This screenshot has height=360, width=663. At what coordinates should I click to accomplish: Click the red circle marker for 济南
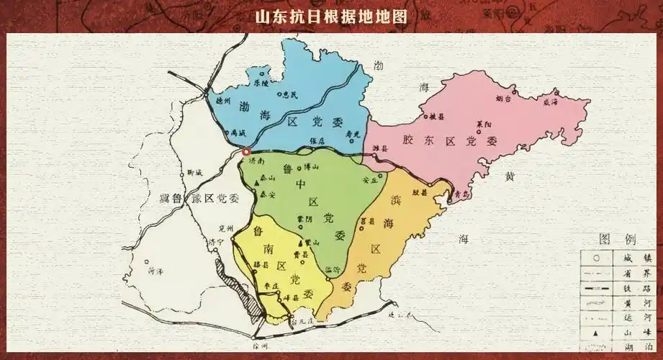(245, 152)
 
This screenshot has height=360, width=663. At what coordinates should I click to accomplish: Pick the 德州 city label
(225, 102)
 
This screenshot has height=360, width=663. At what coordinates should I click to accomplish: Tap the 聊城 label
(194, 173)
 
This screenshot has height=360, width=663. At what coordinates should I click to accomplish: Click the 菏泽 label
(155, 272)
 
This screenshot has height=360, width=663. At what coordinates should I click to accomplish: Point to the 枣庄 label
(271, 287)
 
